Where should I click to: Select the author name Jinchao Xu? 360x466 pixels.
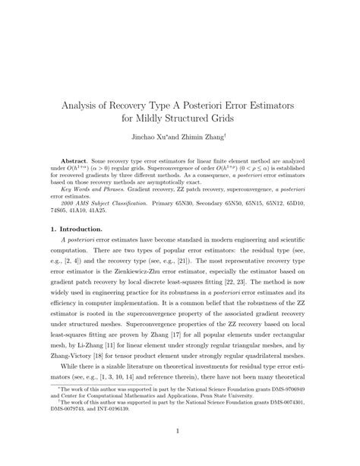tap(154, 138)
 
